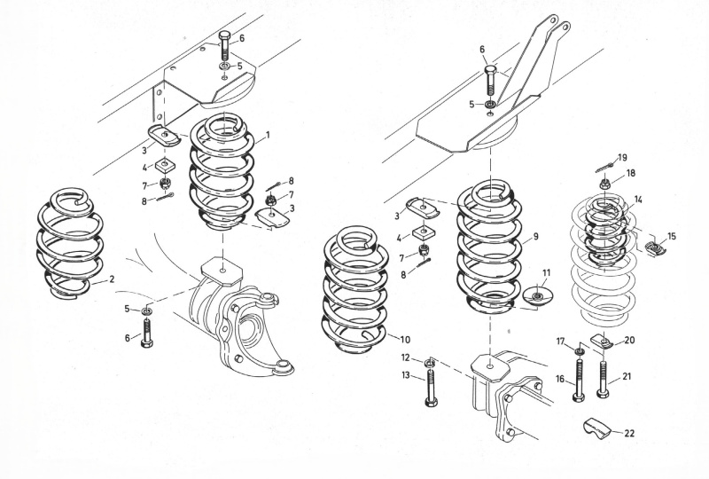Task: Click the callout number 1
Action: point(268,135)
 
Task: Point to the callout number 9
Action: point(536,236)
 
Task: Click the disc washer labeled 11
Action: point(538,296)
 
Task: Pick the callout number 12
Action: point(406,357)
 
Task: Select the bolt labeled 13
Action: point(431,387)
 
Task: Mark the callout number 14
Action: point(638,200)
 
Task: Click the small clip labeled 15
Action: point(654,247)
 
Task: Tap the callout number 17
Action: point(561,342)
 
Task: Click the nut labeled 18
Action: point(604,184)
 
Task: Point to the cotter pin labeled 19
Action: point(604,169)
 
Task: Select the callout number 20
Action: point(629,341)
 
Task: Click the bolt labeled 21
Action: point(603,379)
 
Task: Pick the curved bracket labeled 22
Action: point(596,428)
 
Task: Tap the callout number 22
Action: point(629,434)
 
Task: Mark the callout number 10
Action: point(405,340)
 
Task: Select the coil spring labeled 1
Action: point(222,171)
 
